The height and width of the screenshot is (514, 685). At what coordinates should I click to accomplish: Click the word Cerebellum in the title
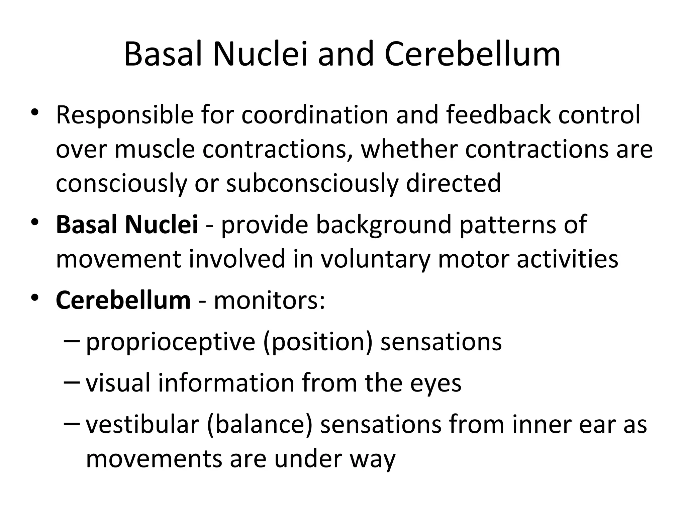point(472,54)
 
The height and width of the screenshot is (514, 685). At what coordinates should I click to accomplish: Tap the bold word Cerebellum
point(123,300)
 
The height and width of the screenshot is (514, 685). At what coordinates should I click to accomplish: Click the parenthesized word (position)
point(317,342)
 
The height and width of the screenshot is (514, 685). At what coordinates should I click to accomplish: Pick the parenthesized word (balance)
point(260,424)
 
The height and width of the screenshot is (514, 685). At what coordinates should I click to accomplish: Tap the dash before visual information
point(71,382)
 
